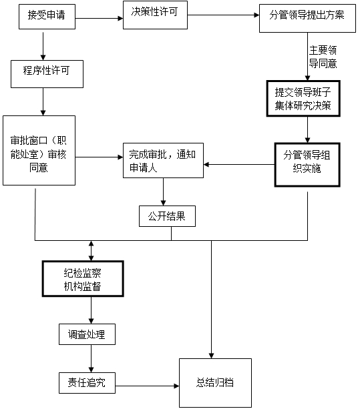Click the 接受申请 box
pyautogui.click(x=47, y=17)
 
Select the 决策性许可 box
pyautogui.click(x=155, y=15)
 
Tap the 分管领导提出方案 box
pyautogui.click(x=307, y=18)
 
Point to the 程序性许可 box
pyautogui.click(x=47, y=74)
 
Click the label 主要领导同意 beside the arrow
pyautogui.click(x=323, y=57)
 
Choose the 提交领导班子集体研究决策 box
pyautogui.click(x=303, y=99)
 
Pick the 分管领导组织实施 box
pyautogui.click(x=307, y=165)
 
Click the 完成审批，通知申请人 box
pyautogui.click(x=163, y=160)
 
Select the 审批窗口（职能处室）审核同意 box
pyautogui.click(x=39, y=151)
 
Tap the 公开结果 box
pyautogui.click(x=167, y=216)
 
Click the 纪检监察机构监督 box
pyautogui.click(x=83, y=279)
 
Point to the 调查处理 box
pyautogui.click(x=87, y=334)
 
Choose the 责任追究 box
pyautogui.click(x=87, y=383)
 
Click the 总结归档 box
pyautogui.click(x=215, y=383)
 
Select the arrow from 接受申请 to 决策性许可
pyautogui.click(x=100, y=18)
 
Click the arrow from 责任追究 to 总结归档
pyautogui.click(x=147, y=386)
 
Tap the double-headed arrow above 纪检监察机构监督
pyautogui.click(x=91, y=251)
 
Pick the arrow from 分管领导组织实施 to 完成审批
pyautogui.click(x=239, y=165)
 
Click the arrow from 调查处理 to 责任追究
pyautogui.click(x=91, y=359)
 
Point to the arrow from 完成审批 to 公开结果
pyautogui.click(x=163, y=192)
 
